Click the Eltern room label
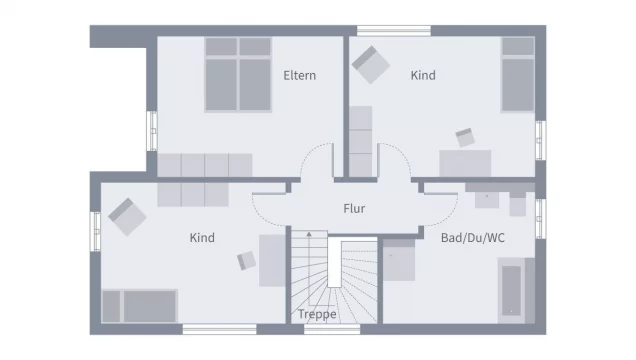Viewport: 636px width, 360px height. tap(300, 75)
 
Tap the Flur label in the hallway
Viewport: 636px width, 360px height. tap(354, 209)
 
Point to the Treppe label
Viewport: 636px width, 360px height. tap(316, 314)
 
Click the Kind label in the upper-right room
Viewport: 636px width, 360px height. tap(423, 75)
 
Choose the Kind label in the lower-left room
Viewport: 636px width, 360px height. tap(202, 237)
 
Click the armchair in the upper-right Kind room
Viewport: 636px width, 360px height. tap(369, 64)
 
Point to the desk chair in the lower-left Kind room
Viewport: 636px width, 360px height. tap(246, 260)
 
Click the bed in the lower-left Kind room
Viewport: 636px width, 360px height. tap(140, 305)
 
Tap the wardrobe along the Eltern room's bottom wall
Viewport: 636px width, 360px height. tap(205, 165)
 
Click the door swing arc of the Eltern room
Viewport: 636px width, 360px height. tap(318, 160)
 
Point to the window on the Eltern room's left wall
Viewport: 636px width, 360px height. tap(153, 130)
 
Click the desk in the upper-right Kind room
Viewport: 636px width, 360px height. tap(465, 162)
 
